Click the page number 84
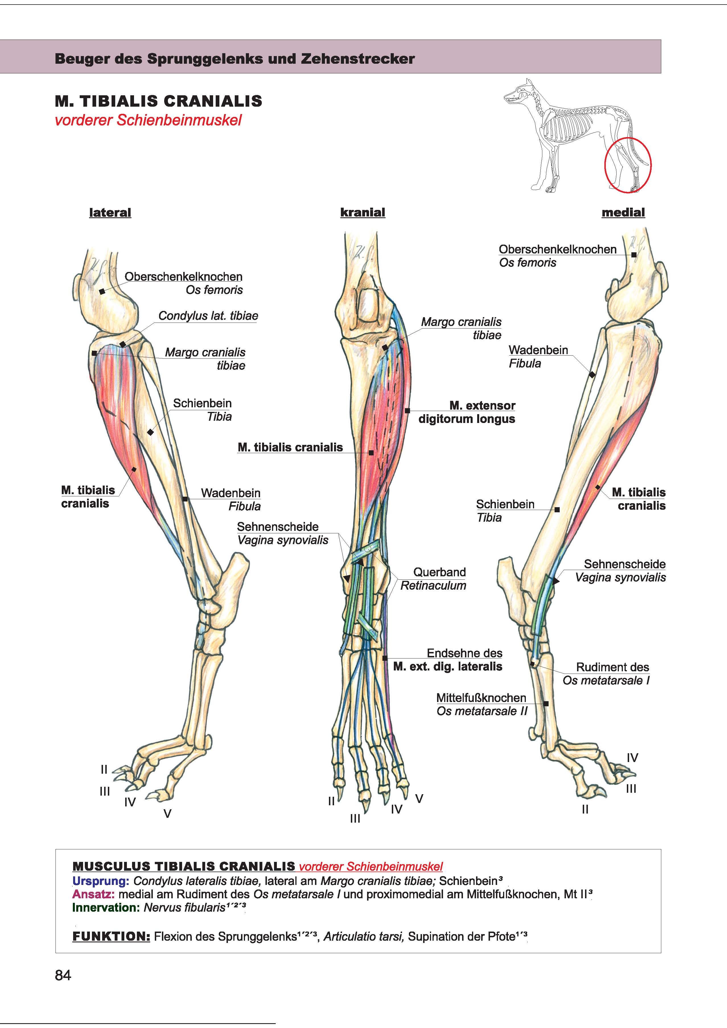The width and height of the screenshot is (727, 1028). tap(63, 975)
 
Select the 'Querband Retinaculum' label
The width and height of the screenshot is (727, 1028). tap(433, 579)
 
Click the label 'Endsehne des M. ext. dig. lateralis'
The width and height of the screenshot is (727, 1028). tap(448, 660)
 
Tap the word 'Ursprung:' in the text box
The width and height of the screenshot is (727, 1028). tap(101, 881)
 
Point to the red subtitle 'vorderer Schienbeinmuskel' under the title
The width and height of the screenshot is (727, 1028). tap(148, 120)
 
